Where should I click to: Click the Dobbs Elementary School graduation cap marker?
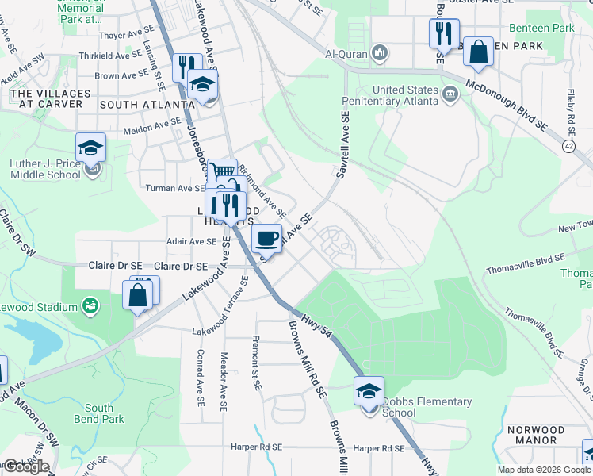[x=369, y=391]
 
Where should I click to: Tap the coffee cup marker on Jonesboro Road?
[x=266, y=238]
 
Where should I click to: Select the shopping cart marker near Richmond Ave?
[x=224, y=172]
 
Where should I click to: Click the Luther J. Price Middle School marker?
[x=91, y=148]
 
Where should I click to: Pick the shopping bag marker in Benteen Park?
[x=479, y=52]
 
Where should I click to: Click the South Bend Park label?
[x=104, y=413]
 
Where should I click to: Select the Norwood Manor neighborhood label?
[x=535, y=435]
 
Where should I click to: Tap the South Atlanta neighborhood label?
[x=141, y=104]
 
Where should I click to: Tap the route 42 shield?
[x=569, y=146]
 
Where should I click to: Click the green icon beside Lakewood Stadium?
[x=91, y=305]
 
